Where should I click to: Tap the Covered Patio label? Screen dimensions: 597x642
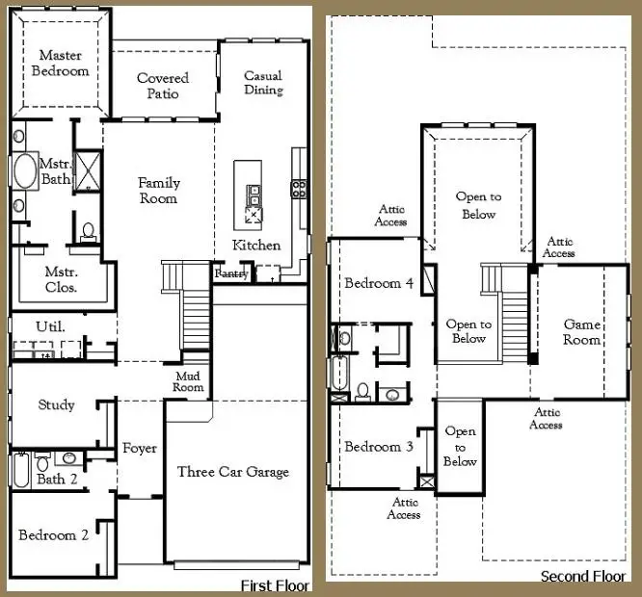163,86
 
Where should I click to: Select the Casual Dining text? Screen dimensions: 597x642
263,83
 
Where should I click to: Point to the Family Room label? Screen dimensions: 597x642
158,190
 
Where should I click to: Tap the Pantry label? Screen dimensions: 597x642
232,274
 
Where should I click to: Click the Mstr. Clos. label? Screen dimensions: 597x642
62,279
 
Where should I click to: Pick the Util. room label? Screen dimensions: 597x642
51,327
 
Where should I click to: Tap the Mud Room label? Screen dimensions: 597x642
189,381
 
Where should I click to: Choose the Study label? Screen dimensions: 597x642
57,405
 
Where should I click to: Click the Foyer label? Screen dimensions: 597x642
140,449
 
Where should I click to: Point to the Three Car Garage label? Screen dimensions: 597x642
233,472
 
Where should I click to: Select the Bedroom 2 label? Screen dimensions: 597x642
54,535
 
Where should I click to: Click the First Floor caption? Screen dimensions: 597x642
274,585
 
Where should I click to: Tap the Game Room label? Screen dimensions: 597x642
582,332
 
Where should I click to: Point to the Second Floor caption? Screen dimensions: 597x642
583,576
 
